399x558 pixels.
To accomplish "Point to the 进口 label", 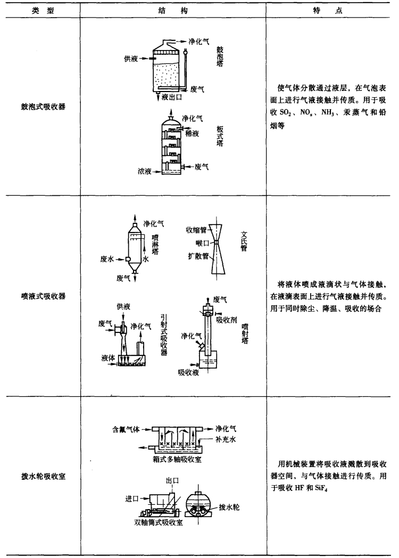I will click(x=132, y=497).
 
